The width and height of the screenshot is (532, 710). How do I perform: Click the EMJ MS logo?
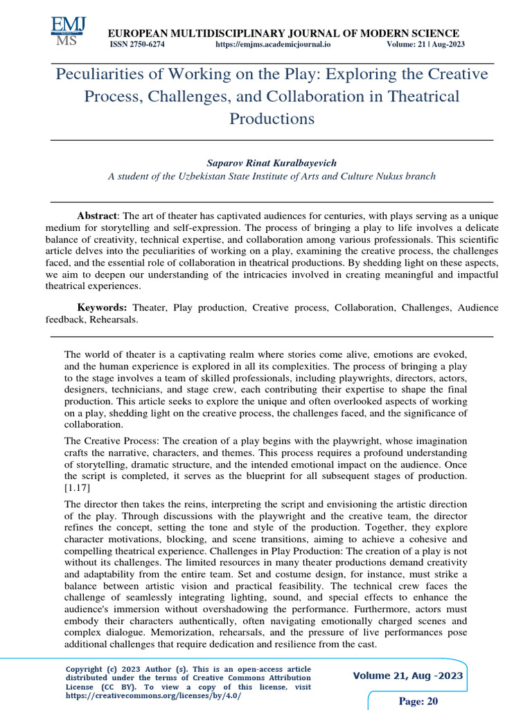[68, 31]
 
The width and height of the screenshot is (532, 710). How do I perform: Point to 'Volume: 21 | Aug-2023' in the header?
[425, 44]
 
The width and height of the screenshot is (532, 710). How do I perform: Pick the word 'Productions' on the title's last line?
[272, 119]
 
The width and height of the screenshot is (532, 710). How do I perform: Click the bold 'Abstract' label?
[98, 216]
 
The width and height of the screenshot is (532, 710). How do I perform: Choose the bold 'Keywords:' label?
[102, 306]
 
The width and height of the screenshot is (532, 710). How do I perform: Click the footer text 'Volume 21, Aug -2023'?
[408, 676]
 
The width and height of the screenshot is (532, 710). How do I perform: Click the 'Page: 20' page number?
[418, 701]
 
